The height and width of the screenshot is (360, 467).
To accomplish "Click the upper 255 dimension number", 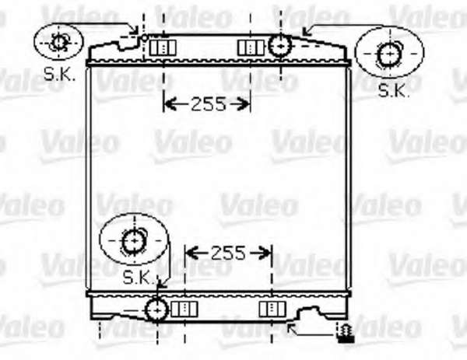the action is point(209,104).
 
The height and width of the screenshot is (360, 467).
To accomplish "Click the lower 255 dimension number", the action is point(228,253).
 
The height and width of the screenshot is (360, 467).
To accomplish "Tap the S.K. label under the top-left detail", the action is point(59,74).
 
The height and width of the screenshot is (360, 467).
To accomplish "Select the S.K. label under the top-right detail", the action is point(394,90).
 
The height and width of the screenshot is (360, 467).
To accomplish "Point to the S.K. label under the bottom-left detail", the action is point(139,278).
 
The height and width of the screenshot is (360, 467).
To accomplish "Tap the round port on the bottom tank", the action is point(156,310).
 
